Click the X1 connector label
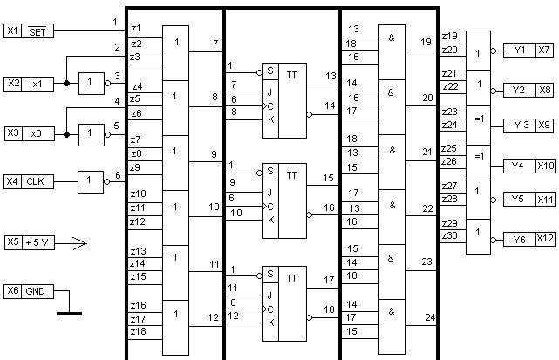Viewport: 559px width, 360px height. [x=12, y=31]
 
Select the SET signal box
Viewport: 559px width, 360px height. [x=37, y=31]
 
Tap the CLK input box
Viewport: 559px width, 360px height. [x=37, y=181]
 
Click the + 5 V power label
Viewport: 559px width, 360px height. [x=37, y=241]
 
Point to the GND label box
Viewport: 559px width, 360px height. [x=37, y=290]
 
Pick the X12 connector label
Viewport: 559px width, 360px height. [x=544, y=238]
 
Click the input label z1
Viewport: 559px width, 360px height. [x=135, y=29]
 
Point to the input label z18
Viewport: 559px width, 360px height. [x=138, y=332]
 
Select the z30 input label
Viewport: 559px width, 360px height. [x=449, y=236]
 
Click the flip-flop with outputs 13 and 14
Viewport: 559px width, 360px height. [x=284, y=101]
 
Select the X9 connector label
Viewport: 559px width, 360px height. [x=544, y=126]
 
